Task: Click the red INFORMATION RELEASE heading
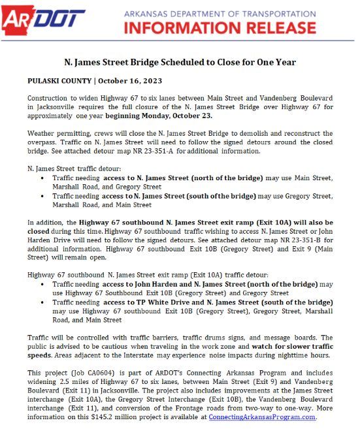[219, 27]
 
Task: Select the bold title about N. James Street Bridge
[180, 63]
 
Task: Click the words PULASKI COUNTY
[58, 80]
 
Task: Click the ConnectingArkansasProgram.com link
[262, 416]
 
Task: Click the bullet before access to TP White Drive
[44, 303]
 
